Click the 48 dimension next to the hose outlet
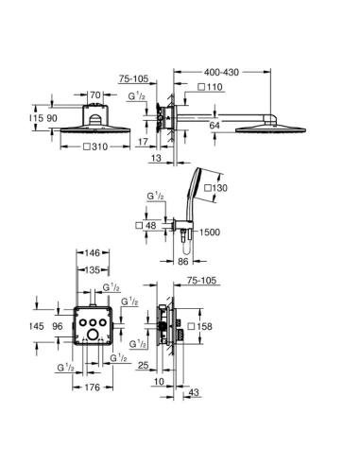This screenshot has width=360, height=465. (x=149, y=225)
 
